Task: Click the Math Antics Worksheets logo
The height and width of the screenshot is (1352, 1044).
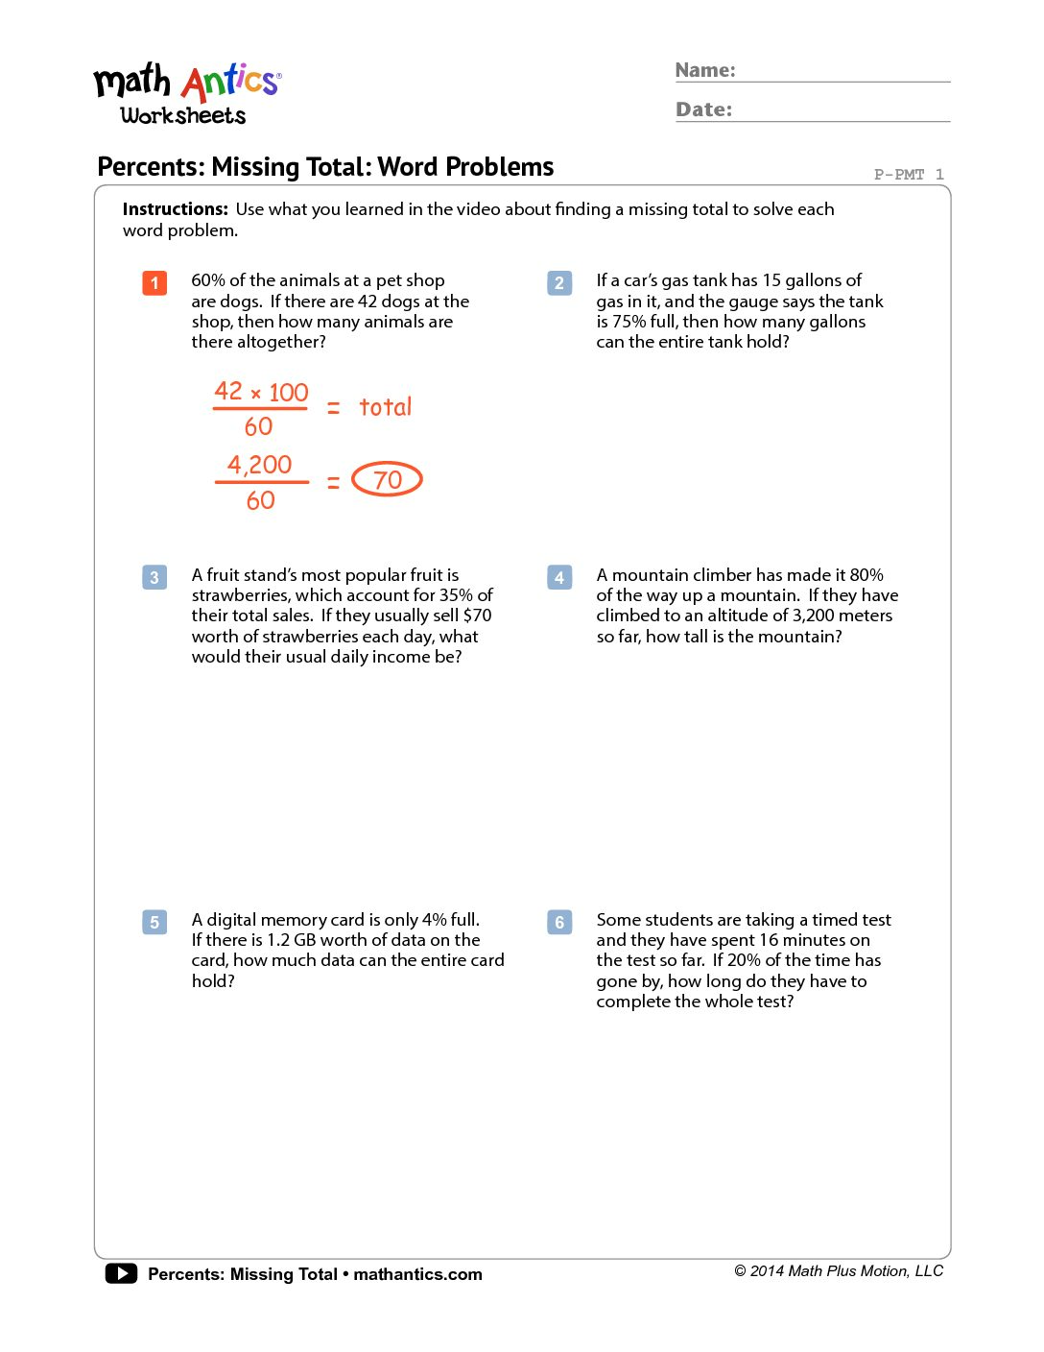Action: pos(186,94)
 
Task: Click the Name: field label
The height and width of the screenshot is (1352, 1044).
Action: pos(705,70)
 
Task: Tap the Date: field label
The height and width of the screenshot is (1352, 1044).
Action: pos(703,109)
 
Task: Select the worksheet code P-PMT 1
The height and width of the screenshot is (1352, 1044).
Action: pos(908,174)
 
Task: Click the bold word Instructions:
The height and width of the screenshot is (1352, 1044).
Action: pos(175,209)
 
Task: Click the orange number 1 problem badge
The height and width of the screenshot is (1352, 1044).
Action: pos(154,283)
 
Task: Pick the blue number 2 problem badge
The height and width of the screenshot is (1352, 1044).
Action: pos(559,283)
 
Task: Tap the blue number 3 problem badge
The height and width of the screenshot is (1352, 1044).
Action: pos(154,577)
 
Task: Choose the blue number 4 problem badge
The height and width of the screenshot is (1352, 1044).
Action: pos(559,577)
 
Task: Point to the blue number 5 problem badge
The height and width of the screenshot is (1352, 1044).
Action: pos(154,922)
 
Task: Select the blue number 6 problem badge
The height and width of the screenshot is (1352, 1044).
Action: pos(559,922)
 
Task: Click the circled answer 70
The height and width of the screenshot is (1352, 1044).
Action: pos(387,479)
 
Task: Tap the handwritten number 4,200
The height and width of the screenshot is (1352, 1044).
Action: pos(259,465)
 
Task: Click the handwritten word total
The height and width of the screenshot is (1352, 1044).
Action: pos(385,407)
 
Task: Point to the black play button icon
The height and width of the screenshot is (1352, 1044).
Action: pos(121,1273)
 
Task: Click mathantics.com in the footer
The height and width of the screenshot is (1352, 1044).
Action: pos(417,1274)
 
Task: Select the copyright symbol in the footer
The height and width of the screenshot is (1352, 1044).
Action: pos(740,1271)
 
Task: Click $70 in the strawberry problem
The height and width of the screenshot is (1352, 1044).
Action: pos(477,616)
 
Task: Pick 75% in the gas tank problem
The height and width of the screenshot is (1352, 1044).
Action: pos(629,322)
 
